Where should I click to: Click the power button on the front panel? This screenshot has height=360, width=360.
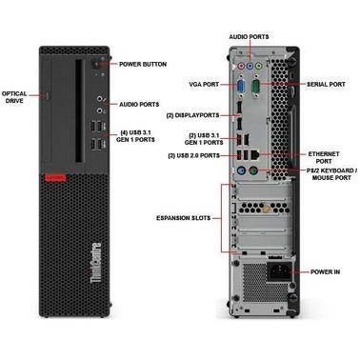(95, 64)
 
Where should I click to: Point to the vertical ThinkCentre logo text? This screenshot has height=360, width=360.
(96, 263)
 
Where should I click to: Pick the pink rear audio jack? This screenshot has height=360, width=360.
(242, 67)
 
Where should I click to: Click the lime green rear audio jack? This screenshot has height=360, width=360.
(259, 66)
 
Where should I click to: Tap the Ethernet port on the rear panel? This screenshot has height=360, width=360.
(255, 154)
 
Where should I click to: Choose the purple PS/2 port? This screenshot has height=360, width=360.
(242, 170)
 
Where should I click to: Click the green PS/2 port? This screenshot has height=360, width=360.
(253, 170)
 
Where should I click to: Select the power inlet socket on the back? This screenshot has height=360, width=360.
(279, 271)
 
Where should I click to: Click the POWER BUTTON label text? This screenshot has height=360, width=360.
(143, 64)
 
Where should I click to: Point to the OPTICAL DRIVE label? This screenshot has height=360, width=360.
(14, 97)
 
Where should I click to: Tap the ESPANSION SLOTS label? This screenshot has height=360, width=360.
(183, 218)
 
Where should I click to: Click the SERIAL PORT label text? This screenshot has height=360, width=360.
(326, 85)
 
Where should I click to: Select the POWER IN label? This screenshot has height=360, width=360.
(325, 271)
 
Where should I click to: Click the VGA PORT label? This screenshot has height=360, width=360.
(204, 85)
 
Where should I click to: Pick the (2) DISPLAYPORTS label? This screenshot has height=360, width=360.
(192, 115)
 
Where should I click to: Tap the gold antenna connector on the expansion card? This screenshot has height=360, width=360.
(266, 209)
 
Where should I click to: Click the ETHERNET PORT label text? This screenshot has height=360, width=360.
(324, 157)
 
